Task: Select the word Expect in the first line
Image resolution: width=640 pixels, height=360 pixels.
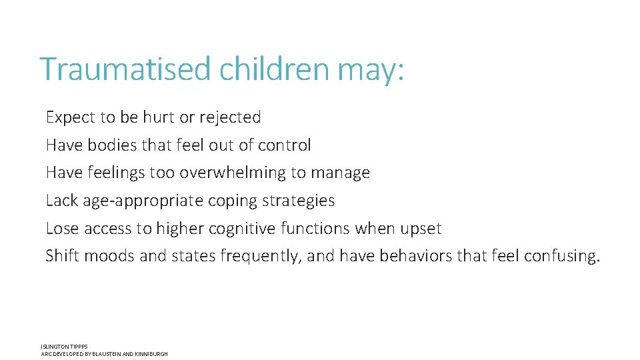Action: click(71, 118)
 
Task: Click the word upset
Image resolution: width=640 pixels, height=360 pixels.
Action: click(421, 229)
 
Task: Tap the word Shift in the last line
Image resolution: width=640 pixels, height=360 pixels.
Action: click(62, 256)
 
